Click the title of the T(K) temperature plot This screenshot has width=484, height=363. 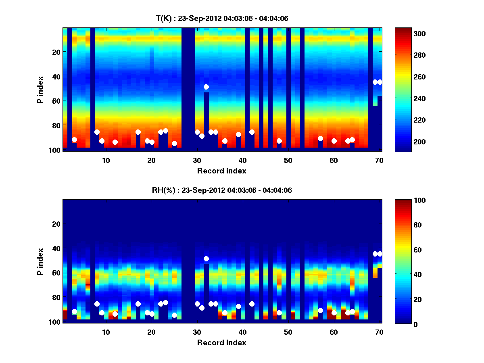point(222,18)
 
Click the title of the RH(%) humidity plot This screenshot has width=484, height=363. point(222,190)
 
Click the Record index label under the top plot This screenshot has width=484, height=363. point(222,171)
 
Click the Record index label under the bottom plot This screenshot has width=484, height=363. point(222,342)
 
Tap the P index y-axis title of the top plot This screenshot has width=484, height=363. point(40,90)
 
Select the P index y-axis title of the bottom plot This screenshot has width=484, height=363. point(40,261)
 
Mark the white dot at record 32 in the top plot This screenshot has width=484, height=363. point(206,87)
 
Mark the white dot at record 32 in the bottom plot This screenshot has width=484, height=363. point(206,259)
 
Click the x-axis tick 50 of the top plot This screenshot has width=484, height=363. point(288,160)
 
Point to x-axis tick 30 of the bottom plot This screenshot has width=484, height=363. point(197,332)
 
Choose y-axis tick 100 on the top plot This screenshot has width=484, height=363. point(56,150)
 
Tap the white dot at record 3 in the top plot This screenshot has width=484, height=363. point(74,140)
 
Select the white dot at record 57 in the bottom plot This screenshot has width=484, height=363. point(320,310)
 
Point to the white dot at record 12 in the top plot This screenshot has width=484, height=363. point(115,142)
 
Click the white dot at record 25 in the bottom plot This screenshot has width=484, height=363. point(174,315)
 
